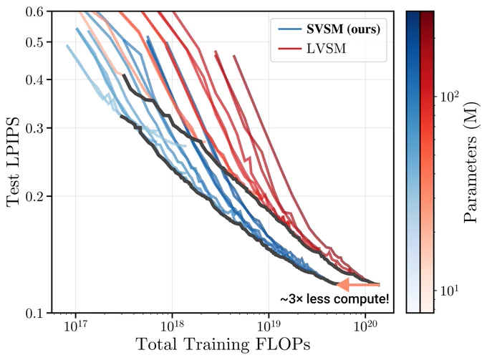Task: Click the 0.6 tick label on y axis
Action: [x=34, y=11]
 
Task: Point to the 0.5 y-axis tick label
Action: [x=34, y=42]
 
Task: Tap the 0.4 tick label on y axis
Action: [x=34, y=79]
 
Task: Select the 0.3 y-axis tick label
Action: [x=34, y=128]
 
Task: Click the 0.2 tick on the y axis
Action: [x=34, y=196]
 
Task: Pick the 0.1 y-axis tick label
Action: [x=34, y=313]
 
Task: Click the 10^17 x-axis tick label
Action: [x=75, y=326]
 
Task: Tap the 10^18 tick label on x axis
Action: [x=172, y=326]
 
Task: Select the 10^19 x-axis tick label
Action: [x=269, y=326]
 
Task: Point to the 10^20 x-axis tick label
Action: [x=365, y=326]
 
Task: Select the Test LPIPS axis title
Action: [x=13, y=161]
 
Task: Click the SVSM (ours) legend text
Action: [x=344, y=29]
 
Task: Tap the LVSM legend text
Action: [x=326, y=49]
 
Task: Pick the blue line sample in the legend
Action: [x=290, y=29]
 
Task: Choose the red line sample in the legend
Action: [x=290, y=49]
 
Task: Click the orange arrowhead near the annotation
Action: [x=343, y=284]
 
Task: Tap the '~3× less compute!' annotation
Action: [x=334, y=299]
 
